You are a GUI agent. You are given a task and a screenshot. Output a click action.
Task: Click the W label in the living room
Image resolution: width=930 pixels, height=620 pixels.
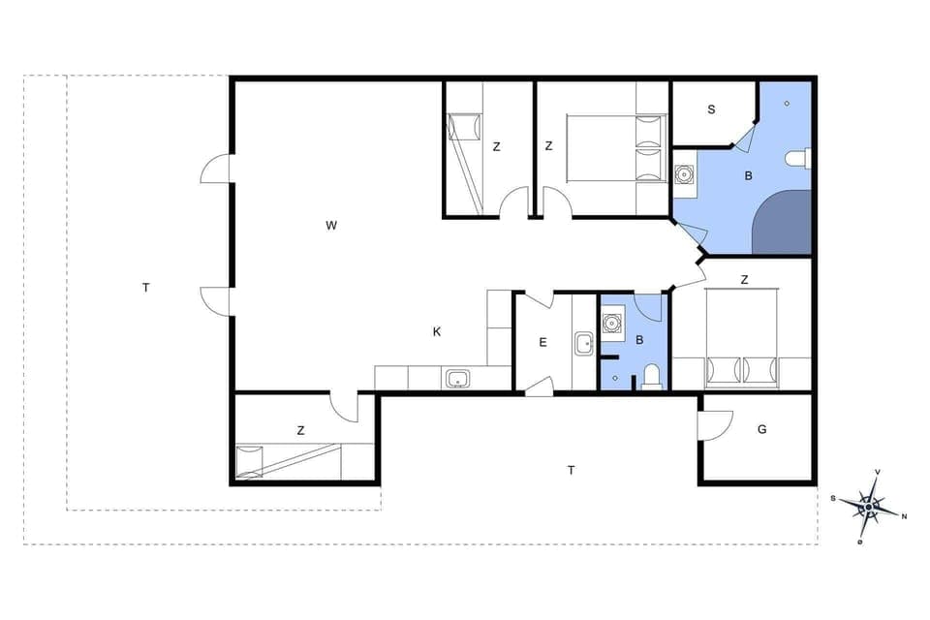331,226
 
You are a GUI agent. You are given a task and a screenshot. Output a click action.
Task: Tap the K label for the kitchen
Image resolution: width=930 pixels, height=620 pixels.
437,331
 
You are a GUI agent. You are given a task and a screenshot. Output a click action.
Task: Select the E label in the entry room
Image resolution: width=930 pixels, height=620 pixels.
542,342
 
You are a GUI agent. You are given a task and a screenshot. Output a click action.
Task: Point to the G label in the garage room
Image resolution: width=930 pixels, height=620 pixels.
762,429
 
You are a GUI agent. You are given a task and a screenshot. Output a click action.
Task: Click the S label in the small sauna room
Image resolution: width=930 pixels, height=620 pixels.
711,109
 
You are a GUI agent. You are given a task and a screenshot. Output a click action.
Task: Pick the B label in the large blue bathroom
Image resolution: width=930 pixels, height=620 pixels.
748,176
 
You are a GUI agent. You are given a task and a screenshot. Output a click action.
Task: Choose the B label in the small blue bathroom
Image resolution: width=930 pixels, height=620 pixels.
638,340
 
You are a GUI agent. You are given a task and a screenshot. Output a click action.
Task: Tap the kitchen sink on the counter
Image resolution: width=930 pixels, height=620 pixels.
457,379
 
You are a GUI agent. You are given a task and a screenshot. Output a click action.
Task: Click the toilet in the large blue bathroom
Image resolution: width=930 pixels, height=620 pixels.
797,159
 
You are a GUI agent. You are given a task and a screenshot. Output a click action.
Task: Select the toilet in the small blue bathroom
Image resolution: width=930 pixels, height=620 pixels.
652,376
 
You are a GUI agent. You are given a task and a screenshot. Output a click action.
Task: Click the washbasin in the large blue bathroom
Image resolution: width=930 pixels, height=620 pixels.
685,175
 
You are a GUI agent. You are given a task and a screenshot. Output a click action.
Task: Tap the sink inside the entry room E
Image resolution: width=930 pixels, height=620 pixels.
584,343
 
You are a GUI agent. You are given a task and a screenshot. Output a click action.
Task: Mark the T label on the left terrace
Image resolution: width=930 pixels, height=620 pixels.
145,288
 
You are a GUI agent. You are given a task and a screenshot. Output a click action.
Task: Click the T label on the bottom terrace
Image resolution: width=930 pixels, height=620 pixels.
572,470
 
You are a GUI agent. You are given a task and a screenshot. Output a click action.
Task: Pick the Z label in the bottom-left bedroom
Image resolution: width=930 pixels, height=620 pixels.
301,430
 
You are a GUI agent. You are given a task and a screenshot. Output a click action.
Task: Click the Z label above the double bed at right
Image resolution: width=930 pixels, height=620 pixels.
744,280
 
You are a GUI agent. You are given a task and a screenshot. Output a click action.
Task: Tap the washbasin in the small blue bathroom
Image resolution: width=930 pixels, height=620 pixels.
611,323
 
